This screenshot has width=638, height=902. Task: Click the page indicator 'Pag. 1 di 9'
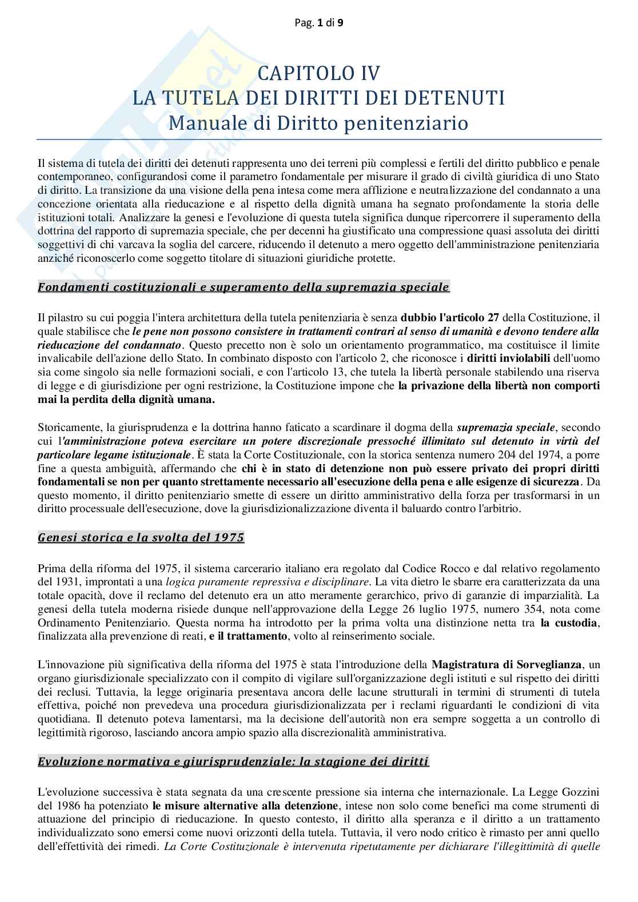[x=319, y=23]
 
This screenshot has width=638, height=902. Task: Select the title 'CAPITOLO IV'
[x=319, y=73]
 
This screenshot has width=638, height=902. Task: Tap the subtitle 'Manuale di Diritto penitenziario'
[x=319, y=123]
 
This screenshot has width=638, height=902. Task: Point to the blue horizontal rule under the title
[x=319, y=139]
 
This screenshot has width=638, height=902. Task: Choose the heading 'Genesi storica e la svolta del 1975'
[x=141, y=538]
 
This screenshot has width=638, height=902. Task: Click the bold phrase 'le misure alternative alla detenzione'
[x=245, y=806]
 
